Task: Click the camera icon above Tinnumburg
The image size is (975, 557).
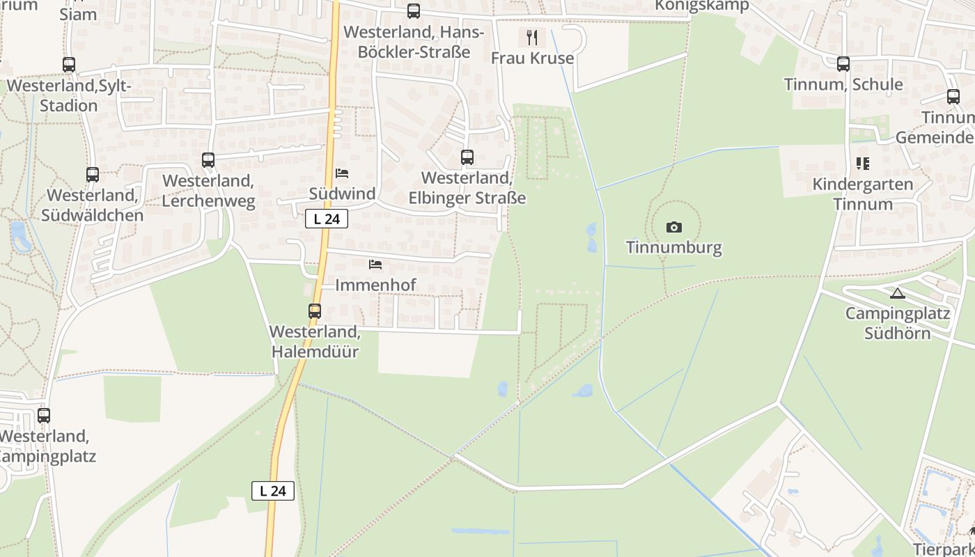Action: (673, 227)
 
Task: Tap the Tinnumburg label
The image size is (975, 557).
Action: (673, 247)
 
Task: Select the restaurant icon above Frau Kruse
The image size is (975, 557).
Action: (532, 37)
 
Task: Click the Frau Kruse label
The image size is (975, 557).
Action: (532, 58)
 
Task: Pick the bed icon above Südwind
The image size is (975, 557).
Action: (341, 173)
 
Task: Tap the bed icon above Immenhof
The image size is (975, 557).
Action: (375, 265)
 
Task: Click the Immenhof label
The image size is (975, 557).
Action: (375, 285)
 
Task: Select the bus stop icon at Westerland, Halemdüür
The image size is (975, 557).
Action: (315, 311)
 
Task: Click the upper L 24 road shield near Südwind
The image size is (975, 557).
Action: (327, 219)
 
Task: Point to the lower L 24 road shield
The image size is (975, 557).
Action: (273, 491)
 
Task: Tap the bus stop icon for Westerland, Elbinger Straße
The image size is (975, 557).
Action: (467, 157)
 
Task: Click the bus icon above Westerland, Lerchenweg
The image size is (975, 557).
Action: (208, 160)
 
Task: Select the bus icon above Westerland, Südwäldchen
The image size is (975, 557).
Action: (92, 175)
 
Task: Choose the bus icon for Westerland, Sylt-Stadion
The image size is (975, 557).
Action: (68, 65)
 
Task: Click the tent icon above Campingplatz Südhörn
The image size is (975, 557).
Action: (897, 293)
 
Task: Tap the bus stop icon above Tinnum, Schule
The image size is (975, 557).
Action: (843, 64)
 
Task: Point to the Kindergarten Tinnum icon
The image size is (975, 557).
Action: (863, 164)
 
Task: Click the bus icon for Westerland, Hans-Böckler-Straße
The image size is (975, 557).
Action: (414, 11)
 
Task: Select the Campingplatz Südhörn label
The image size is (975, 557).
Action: (897, 323)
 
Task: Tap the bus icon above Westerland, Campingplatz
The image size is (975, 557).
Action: (44, 416)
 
